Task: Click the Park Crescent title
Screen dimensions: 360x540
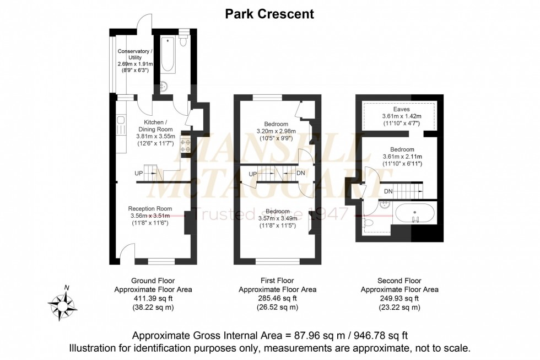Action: coord(269,14)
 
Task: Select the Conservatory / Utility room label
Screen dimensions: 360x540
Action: coord(135,56)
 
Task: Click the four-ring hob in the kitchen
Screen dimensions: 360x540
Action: coord(185,144)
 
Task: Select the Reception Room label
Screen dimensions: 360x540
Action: coord(150,208)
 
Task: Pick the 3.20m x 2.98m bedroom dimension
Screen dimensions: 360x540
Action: coord(276,131)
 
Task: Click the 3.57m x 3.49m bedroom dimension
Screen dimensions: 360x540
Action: coord(277,218)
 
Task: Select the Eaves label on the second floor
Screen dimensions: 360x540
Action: coord(401,109)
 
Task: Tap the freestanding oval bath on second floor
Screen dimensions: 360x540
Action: coord(415,212)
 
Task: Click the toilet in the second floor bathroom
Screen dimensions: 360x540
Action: coord(370,223)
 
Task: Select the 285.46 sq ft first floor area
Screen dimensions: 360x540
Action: coord(277,298)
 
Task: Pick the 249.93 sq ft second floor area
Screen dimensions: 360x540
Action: coord(399,298)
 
